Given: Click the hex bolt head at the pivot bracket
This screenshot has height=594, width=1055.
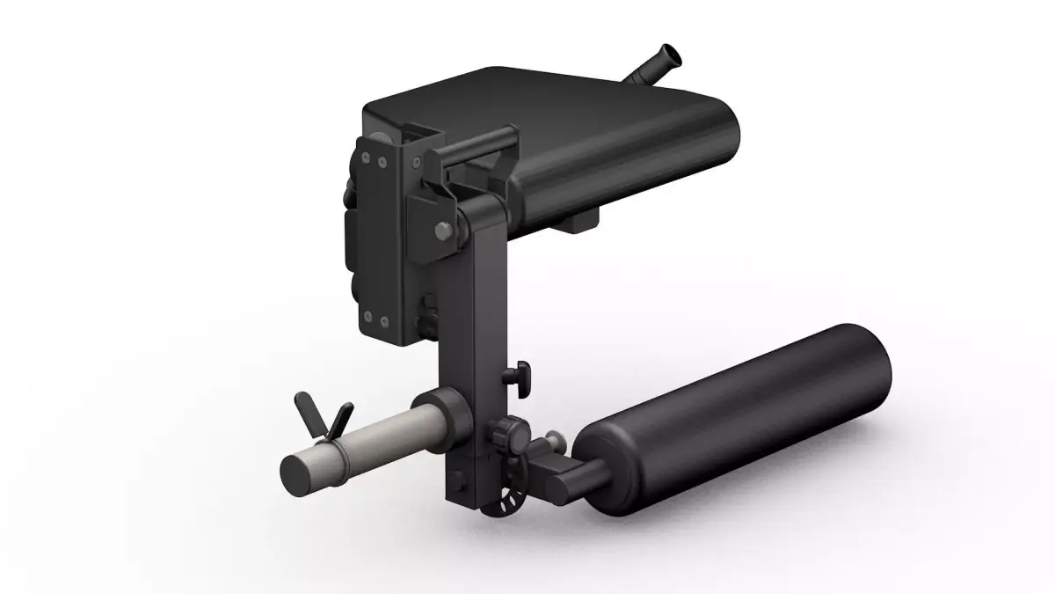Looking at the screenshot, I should [441, 231].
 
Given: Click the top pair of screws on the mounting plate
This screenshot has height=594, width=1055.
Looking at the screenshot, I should [373, 161].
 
